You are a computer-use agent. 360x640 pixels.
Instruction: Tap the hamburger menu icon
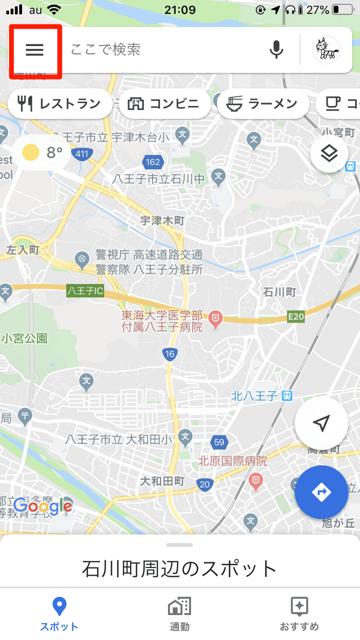(x=34, y=49)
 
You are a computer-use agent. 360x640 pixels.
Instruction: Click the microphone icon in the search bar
(x=276, y=49)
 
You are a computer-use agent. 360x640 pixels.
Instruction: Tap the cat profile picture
(x=326, y=49)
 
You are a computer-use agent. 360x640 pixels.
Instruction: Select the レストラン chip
(x=59, y=104)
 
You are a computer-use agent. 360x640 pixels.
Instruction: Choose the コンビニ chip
(x=163, y=104)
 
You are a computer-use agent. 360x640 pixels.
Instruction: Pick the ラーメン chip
(x=262, y=104)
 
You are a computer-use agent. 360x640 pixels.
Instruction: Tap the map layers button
(x=329, y=154)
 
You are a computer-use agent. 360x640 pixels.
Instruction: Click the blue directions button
(x=321, y=492)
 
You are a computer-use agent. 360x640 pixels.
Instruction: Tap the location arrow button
(x=321, y=424)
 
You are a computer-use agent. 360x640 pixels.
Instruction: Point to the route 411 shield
(x=81, y=153)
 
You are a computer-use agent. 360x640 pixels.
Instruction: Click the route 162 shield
(x=153, y=161)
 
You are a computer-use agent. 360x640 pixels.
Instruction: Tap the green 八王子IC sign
(x=85, y=290)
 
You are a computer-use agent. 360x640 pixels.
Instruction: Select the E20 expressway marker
(x=296, y=316)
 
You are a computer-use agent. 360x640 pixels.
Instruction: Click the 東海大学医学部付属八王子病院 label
(x=162, y=321)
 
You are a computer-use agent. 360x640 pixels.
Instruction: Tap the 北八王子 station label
(x=254, y=396)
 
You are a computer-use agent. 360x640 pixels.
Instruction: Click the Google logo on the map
(x=42, y=506)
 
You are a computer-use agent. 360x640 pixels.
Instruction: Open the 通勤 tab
(x=179, y=614)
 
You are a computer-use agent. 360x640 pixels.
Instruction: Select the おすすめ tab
(x=299, y=614)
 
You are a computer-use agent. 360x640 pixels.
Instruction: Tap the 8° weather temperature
(x=54, y=153)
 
